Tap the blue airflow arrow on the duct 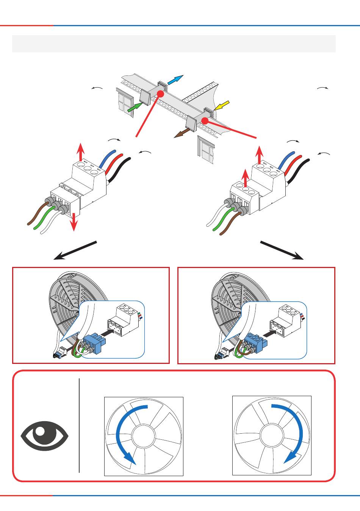[175, 80]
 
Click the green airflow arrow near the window [133, 107]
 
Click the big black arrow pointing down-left [75, 250]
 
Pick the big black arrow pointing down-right [282, 250]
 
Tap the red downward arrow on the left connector [74, 221]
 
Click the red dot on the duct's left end [160, 93]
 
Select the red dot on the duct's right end [205, 121]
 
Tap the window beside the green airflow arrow [124, 101]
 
